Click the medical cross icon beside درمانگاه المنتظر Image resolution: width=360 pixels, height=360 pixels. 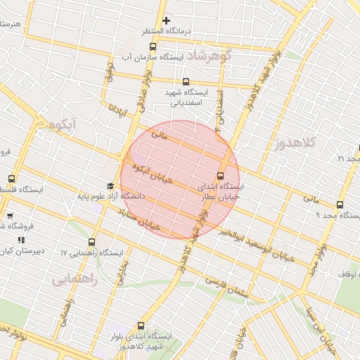[166, 21]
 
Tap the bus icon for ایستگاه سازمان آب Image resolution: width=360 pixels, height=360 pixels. [153, 46]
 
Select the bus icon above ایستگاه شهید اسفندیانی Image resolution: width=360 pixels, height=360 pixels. [186, 82]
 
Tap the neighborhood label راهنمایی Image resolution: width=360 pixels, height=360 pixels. [74, 279]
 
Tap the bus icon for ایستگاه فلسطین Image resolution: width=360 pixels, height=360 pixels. [11, 179]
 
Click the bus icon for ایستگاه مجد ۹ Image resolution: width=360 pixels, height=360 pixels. [340, 205]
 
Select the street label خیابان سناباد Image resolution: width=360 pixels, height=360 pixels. [140, 219]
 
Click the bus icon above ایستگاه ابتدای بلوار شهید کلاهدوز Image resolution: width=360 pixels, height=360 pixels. [142, 326]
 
